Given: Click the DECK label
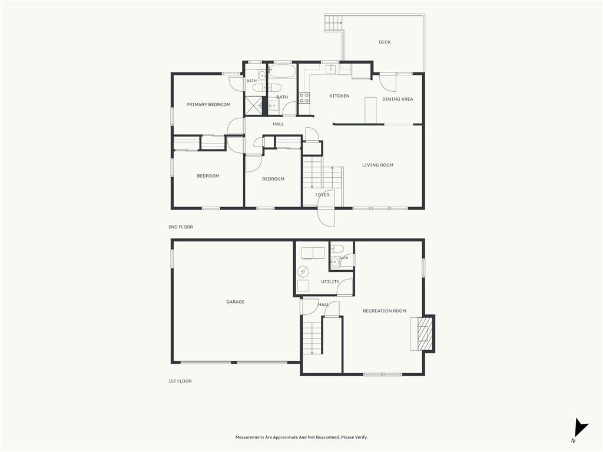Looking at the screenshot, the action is (x=385, y=42).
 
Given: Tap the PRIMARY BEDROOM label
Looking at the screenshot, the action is (x=208, y=105).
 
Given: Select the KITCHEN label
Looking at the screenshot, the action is (x=340, y=96).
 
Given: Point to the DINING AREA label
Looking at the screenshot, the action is (x=397, y=99).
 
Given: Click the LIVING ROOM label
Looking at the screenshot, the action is (x=377, y=165).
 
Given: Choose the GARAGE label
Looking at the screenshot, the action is (x=236, y=302).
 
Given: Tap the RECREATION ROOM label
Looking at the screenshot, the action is (x=385, y=311).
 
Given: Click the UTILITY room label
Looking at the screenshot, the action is (x=330, y=282).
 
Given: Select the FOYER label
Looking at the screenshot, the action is (x=322, y=195).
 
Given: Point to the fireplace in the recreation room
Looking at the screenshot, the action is (x=423, y=333).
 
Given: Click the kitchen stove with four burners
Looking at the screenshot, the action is (x=304, y=98).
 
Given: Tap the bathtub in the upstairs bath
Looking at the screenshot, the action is (x=282, y=71).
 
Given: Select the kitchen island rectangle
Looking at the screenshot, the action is (x=370, y=110).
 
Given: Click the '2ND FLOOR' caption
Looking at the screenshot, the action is (x=181, y=227).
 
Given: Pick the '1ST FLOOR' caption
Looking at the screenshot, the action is (x=180, y=381).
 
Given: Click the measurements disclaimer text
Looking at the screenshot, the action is (x=301, y=437).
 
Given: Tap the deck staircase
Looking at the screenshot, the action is (x=333, y=23).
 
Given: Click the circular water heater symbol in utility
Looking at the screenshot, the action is (x=303, y=272).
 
